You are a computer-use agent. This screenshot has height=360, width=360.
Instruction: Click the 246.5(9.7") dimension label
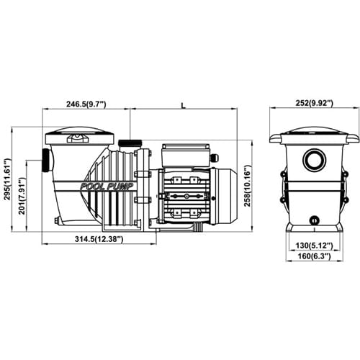tap(86, 104)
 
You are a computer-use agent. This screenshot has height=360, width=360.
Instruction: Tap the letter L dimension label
tap(184, 105)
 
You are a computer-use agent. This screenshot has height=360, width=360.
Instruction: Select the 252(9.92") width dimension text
tap(314, 103)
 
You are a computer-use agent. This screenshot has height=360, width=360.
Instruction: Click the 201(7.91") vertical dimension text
tap(22, 196)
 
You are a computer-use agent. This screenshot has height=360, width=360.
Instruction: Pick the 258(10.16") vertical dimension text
tap(247, 186)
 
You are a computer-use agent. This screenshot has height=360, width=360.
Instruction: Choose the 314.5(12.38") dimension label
tap(99, 239)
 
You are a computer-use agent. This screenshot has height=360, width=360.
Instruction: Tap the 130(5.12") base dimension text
tap(314, 246)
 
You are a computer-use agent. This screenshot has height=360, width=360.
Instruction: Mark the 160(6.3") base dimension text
tap(314, 256)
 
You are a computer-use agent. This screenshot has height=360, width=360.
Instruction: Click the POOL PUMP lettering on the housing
tap(107, 186)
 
